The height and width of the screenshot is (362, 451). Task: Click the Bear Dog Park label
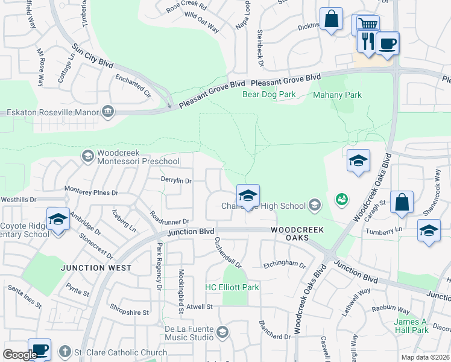point(268,95)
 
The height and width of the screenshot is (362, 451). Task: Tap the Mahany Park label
point(337,95)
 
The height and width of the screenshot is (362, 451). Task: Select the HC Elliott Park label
point(232,287)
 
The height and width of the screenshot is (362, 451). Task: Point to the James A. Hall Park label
point(411,326)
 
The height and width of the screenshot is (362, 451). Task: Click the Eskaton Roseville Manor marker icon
point(108,111)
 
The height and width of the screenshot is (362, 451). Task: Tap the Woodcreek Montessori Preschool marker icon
point(87,156)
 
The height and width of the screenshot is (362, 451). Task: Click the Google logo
point(20,355)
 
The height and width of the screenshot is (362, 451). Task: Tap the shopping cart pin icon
point(366,25)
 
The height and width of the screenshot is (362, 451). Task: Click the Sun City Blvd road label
point(92,55)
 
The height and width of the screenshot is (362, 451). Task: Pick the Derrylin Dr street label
point(175,180)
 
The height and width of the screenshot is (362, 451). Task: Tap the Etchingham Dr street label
point(285,264)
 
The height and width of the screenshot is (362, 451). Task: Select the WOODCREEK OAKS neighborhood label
point(297,233)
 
